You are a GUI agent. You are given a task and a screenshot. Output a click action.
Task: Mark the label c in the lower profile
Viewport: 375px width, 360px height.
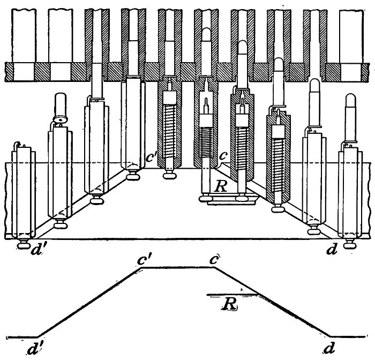(x=215, y=259)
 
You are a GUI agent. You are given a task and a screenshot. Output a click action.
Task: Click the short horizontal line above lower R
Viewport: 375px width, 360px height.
(x=225, y=294)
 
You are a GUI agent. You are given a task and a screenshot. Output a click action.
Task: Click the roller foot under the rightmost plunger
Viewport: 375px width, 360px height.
(x=350, y=245)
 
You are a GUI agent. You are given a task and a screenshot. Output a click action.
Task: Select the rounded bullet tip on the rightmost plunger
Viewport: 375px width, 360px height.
(x=351, y=100)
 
